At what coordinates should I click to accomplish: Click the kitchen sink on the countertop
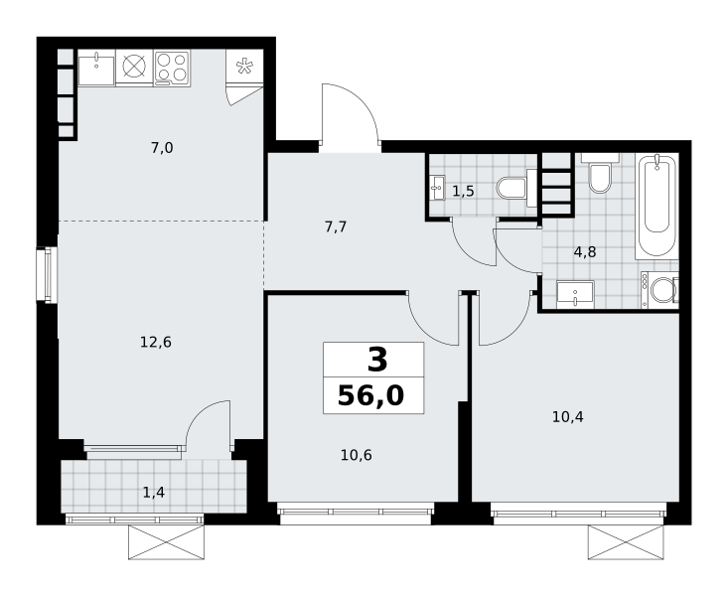pyautogui.click(x=96, y=69)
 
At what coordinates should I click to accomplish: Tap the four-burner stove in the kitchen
pyautogui.click(x=171, y=69)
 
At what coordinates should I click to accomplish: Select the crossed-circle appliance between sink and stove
pyautogui.click(x=134, y=67)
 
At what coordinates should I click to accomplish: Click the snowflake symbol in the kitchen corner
pyautogui.click(x=244, y=67)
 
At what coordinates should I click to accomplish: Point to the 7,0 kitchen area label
pyautogui.click(x=162, y=148)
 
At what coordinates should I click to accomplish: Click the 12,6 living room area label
pyautogui.click(x=156, y=343)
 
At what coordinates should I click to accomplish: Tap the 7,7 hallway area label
pyautogui.click(x=336, y=227)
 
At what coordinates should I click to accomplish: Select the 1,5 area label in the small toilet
pyautogui.click(x=464, y=191)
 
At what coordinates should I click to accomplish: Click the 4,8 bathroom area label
pyautogui.click(x=585, y=252)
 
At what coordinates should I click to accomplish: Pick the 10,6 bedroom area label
pyautogui.click(x=357, y=455)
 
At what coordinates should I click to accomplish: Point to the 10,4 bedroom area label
pyautogui.click(x=568, y=417)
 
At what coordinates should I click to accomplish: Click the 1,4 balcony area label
pyautogui.click(x=154, y=493)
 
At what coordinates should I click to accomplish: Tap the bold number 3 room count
pyautogui.click(x=377, y=361)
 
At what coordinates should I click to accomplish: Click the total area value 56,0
pyautogui.click(x=371, y=396)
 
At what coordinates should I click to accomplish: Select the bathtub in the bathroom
pyautogui.click(x=656, y=207)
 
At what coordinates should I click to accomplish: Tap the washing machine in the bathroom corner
pyautogui.click(x=659, y=290)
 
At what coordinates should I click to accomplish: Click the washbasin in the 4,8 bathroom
pyautogui.click(x=575, y=292)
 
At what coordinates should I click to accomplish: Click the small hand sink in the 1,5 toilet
pyautogui.click(x=437, y=188)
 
